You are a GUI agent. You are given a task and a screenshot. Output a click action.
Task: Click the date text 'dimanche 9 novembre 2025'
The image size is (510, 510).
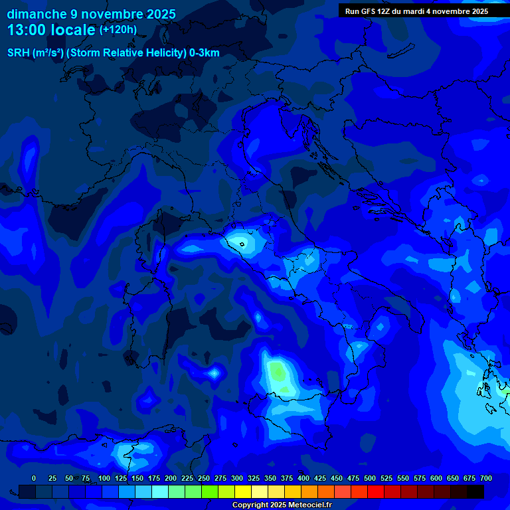[91, 14]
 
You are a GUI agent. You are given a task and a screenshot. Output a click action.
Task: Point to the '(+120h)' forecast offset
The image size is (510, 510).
[118, 29]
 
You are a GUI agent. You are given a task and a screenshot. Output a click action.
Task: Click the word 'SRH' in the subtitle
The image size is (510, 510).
[18, 53]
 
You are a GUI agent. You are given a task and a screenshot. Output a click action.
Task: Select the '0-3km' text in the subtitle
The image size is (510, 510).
[205, 53]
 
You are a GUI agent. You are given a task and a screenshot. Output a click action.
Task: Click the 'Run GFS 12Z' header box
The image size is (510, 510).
[416, 11]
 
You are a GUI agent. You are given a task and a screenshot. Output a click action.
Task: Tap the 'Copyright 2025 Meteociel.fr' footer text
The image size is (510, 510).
[282, 505]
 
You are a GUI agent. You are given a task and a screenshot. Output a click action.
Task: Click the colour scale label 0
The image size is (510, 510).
[34, 478]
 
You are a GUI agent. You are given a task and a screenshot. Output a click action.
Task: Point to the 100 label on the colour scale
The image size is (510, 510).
[104, 478]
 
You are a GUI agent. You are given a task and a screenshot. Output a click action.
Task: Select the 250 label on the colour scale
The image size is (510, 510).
[204, 478]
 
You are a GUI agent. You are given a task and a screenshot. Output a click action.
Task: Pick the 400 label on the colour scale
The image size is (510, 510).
[303, 478]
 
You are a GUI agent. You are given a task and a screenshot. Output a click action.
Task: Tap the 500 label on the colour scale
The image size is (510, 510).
[370, 478]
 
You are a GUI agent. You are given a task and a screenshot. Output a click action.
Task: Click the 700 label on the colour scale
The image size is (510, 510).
[485, 478]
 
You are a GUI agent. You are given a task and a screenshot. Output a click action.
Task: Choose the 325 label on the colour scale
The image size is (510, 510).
[254, 478]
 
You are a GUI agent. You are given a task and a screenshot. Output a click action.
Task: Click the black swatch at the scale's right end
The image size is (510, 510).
[475, 491]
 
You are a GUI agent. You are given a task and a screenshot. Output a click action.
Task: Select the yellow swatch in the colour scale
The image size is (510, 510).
[243, 491]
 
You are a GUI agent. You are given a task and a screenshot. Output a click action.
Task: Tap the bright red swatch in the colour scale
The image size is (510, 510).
[376, 491]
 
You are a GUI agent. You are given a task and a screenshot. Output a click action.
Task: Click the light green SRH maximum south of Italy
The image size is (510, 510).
[279, 375]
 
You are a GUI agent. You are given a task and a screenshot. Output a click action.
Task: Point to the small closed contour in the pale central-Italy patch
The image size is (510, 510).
[242, 244]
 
